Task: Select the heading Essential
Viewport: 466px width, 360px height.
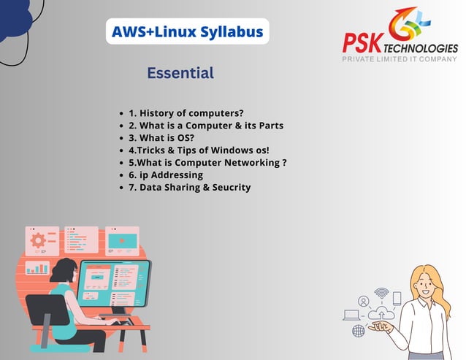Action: point(180,73)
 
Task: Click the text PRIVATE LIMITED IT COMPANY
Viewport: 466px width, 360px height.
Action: point(400,58)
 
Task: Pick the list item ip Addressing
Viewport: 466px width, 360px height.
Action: point(166,175)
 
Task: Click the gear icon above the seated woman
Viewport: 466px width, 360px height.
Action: point(38,240)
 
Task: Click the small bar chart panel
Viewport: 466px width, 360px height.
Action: point(37,269)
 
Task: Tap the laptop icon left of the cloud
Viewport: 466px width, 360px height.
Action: point(352,315)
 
